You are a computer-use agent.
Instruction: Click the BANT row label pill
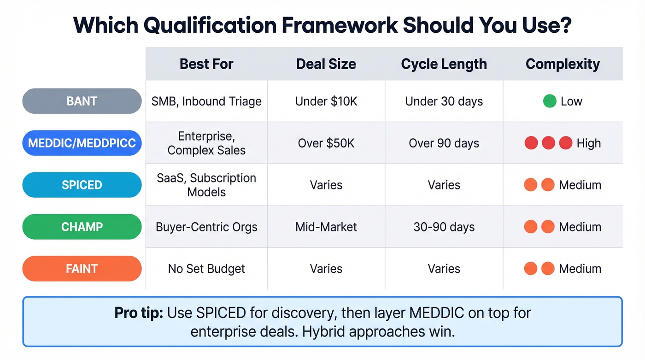82,101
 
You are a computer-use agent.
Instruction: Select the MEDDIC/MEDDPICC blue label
82,143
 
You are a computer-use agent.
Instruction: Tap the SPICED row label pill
82,185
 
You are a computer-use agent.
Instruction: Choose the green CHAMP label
82,227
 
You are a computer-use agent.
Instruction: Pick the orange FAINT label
82,269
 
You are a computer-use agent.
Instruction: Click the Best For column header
206,64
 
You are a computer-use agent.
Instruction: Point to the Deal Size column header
326,64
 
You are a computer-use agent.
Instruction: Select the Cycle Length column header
444,64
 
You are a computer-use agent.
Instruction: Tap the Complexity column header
563,64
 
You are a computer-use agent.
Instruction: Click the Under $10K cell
326,101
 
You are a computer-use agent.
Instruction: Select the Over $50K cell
326,143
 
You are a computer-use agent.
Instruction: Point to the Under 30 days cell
444,101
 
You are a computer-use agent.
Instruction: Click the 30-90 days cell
444,227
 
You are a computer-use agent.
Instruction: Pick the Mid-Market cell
326,227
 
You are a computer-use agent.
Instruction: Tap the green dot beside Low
550,101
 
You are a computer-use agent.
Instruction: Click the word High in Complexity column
589,143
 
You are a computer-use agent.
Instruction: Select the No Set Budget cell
206,269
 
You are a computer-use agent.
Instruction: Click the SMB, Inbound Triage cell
206,101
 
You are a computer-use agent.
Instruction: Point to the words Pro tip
138,313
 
